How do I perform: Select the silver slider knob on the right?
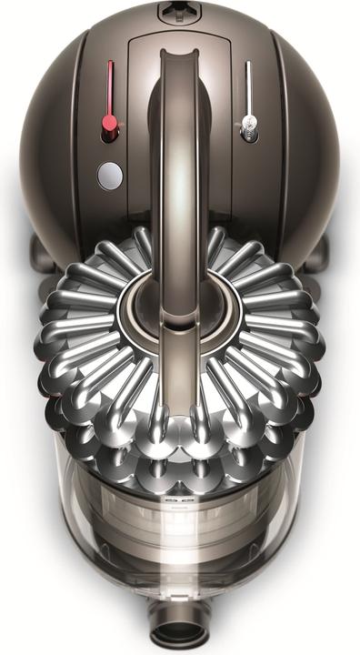tap(247, 128)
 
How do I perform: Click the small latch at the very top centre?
tap(179, 14)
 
